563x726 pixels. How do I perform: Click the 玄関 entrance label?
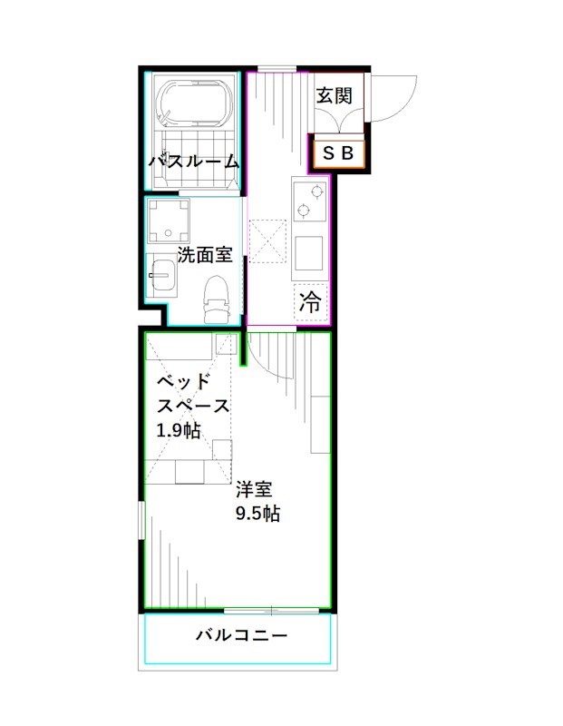[x=333, y=94]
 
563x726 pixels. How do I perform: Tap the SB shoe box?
[x=339, y=153]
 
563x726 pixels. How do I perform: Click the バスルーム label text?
[x=193, y=162]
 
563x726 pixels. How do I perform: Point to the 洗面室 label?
[x=204, y=255]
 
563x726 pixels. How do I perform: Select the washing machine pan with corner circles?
[x=171, y=220]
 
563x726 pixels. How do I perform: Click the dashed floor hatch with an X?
[x=268, y=240]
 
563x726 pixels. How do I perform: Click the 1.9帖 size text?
[x=179, y=429]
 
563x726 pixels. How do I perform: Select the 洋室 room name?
[x=254, y=489]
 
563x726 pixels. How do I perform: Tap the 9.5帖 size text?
[x=257, y=514]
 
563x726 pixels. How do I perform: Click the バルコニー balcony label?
[x=241, y=635]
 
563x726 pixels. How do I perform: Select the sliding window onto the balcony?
[x=271, y=610]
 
